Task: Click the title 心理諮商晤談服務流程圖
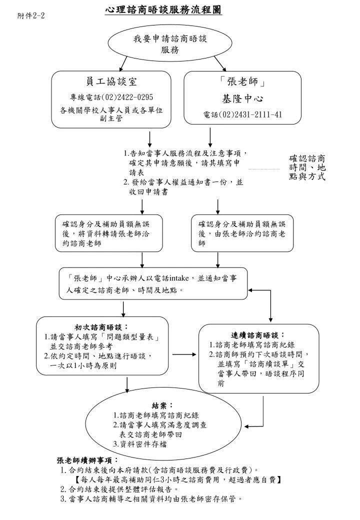click(163, 10)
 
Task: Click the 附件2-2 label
click(31, 15)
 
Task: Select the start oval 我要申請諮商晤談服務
click(170, 43)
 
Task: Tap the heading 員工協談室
click(111, 81)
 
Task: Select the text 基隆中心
click(242, 98)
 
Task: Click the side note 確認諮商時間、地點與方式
click(307, 167)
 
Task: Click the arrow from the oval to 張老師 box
click(220, 63)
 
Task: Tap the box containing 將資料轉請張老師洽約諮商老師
click(108, 233)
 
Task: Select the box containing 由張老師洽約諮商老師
click(242, 233)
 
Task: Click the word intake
click(179, 278)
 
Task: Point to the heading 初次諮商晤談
click(101, 327)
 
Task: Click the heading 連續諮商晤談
click(257, 335)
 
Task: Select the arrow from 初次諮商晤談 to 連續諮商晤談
click(184, 354)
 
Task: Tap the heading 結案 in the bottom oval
click(162, 405)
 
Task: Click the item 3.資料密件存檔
click(140, 444)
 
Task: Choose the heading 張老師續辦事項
click(87, 460)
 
